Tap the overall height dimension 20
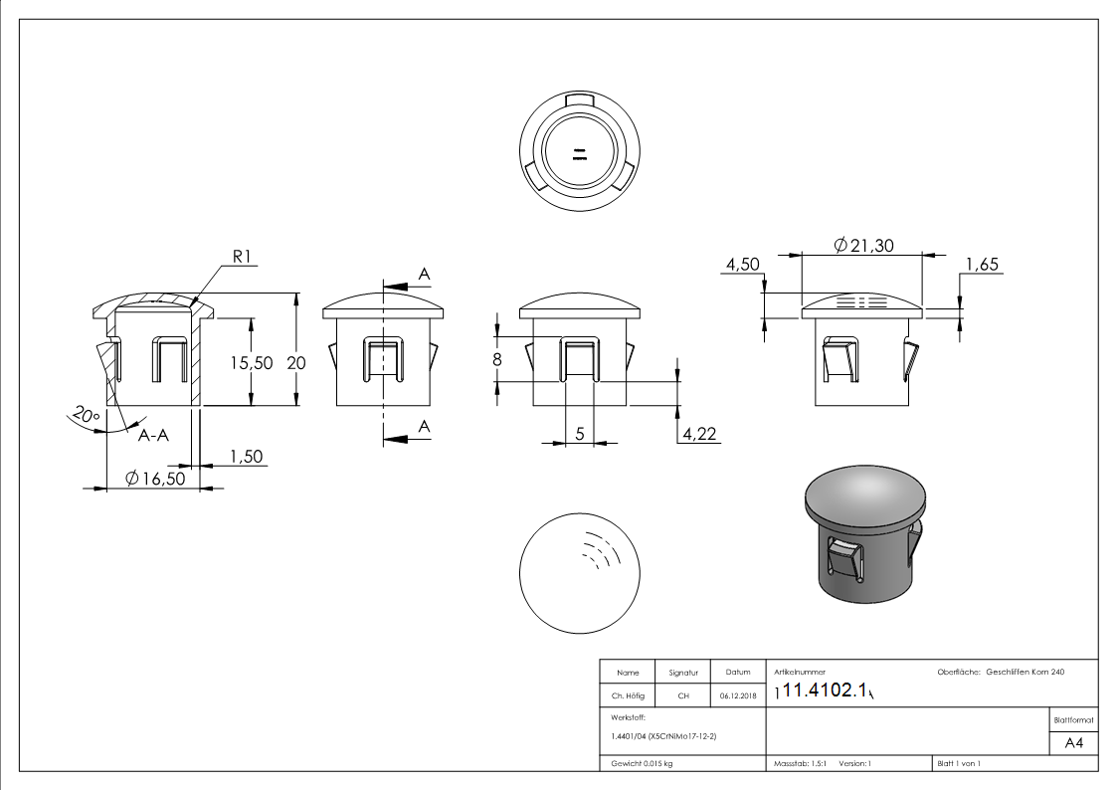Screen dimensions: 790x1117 (296, 363)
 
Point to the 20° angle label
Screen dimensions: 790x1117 (87, 415)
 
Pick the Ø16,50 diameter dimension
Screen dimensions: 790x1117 (155, 478)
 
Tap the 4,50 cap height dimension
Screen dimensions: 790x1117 (743, 264)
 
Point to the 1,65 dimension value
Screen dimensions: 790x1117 (982, 264)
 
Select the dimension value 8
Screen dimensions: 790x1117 (497, 359)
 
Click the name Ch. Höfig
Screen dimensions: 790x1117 (628, 695)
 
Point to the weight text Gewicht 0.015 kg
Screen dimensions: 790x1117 (639, 763)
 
